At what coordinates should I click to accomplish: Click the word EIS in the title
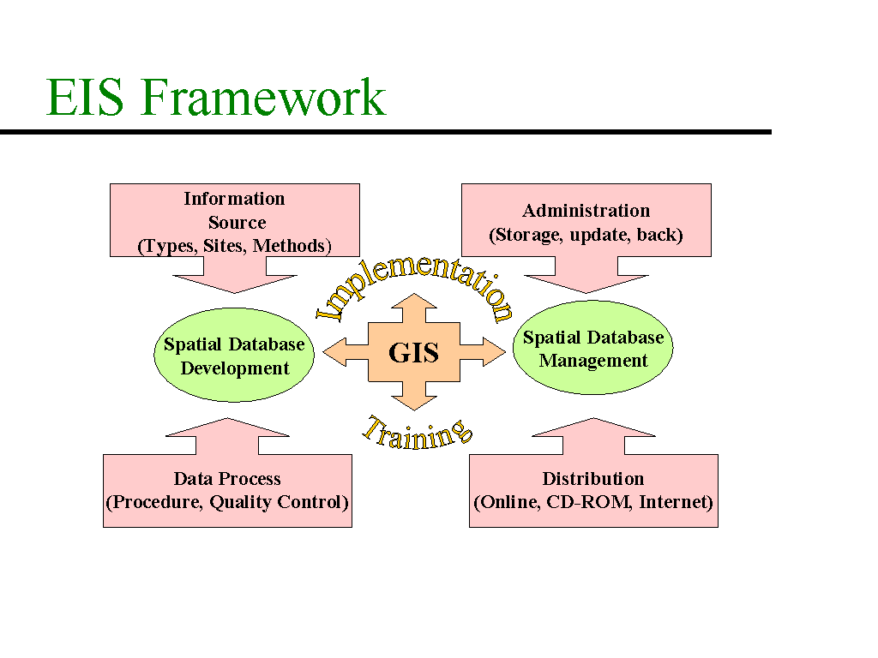[85, 97]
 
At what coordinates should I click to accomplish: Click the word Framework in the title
[262, 97]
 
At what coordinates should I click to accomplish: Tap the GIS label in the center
[413, 352]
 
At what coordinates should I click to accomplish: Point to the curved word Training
[418, 434]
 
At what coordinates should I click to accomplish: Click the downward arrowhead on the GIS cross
[414, 403]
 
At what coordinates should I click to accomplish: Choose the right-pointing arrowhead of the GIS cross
[494, 352]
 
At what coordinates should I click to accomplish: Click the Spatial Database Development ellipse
[234, 355]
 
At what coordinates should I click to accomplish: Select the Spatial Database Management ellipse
[593, 348]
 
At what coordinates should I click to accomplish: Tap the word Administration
[586, 211]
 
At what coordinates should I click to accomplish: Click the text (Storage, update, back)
[586, 235]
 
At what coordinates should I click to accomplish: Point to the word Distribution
[593, 479]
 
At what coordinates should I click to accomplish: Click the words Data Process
[226, 479]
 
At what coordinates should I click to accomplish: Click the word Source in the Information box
[237, 223]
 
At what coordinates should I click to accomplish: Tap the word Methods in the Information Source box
[289, 246]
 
